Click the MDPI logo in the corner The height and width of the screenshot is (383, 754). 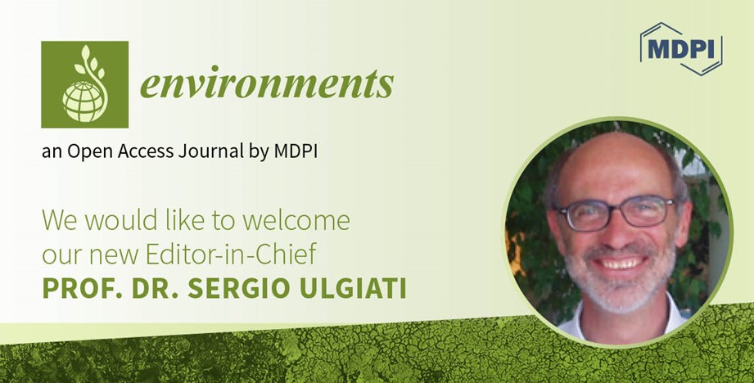click(x=680, y=47)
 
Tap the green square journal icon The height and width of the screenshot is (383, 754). click(x=84, y=84)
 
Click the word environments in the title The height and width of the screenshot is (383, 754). click(x=266, y=84)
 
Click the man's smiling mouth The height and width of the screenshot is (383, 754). click(x=621, y=264)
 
